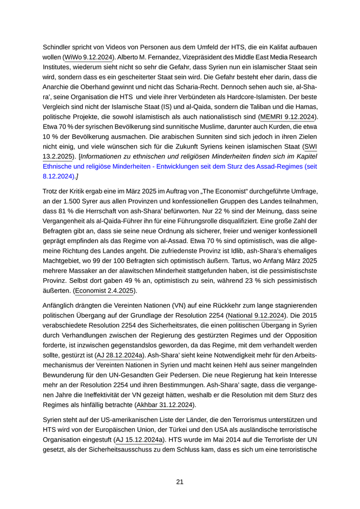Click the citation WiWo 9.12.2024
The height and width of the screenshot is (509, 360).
tap(89, 58)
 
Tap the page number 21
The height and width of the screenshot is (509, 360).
tap(180, 482)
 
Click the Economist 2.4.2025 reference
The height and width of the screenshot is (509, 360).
tap(104, 290)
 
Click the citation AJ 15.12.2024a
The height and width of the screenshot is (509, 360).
tap(140, 440)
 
